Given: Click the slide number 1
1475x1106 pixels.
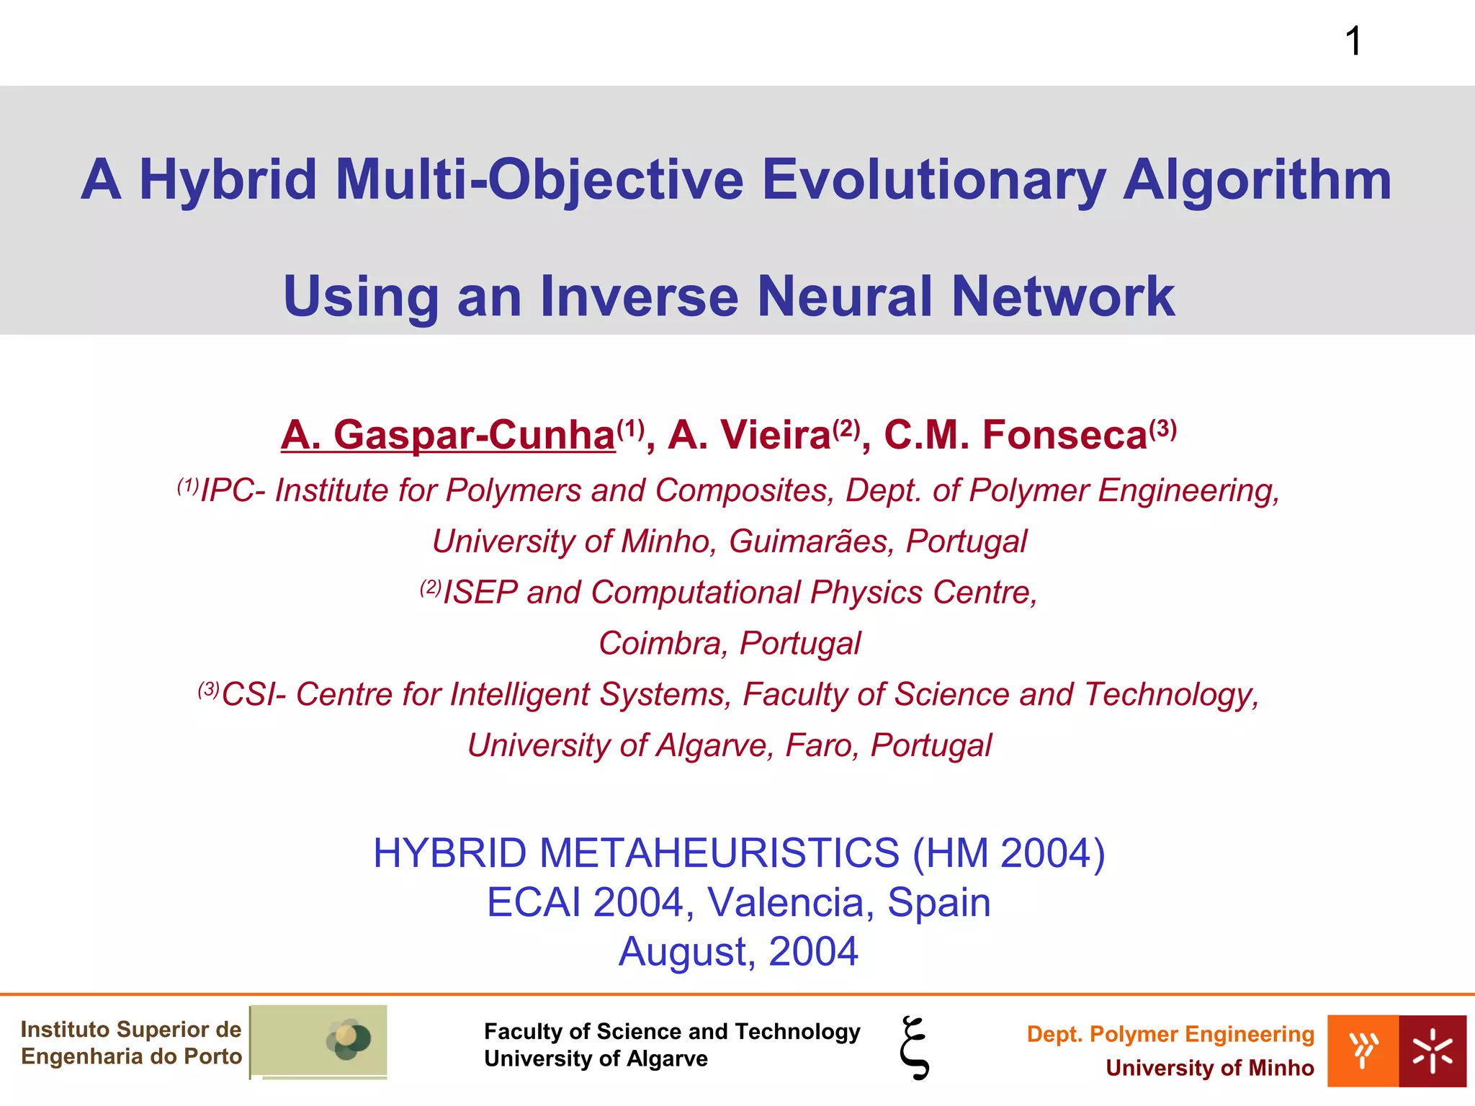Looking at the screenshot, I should tap(1353, 41).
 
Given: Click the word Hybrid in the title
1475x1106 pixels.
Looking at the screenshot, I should tap(228, 180).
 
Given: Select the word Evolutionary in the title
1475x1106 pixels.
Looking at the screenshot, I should tap(933, 180).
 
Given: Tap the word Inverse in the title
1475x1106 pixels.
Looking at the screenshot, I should tap(640, 296).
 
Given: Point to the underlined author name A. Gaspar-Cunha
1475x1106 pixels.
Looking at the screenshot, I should tap(448, 435).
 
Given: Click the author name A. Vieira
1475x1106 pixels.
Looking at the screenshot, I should tap(750, 435).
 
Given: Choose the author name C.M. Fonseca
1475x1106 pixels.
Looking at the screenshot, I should tap(1015, 435).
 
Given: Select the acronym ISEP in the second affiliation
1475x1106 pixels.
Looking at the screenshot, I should tap(480, 593).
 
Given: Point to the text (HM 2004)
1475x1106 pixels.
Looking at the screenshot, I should tap(1008, 853).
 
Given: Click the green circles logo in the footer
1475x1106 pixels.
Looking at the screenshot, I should tap(349, 1039).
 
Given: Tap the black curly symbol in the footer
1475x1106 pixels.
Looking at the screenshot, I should tap(915, 1048).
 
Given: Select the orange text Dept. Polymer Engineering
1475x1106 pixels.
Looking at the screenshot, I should tap(1170, 1034).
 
